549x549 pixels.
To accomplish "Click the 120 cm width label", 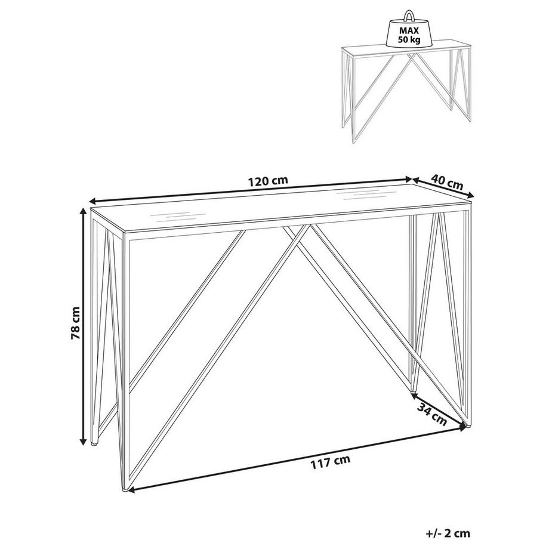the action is click(x=268, y=181).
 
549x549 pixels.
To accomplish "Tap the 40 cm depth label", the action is click(x=447, y=183).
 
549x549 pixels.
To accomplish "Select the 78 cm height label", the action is click(x=75, y=323).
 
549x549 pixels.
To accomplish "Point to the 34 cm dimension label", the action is click(x=431, y=414).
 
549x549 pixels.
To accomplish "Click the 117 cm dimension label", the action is click(x=330, y=462).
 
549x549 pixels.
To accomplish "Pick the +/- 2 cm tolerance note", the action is click(x=448, y=533).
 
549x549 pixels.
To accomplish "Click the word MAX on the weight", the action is click(x=409, y=31).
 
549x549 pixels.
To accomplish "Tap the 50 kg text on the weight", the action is click(x=409, y=40).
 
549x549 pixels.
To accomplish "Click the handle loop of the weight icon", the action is click(x=409, y=16).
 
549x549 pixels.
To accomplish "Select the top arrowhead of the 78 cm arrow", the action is click(x=84, y=211).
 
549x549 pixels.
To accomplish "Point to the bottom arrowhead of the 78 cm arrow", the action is click(x=84, y=441).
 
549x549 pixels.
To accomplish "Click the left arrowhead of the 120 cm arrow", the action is click(x=92, y=201).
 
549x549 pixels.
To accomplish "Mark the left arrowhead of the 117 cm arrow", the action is click(x=131, y=490).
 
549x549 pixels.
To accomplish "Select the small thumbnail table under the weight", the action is click(x=406, y=94).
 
